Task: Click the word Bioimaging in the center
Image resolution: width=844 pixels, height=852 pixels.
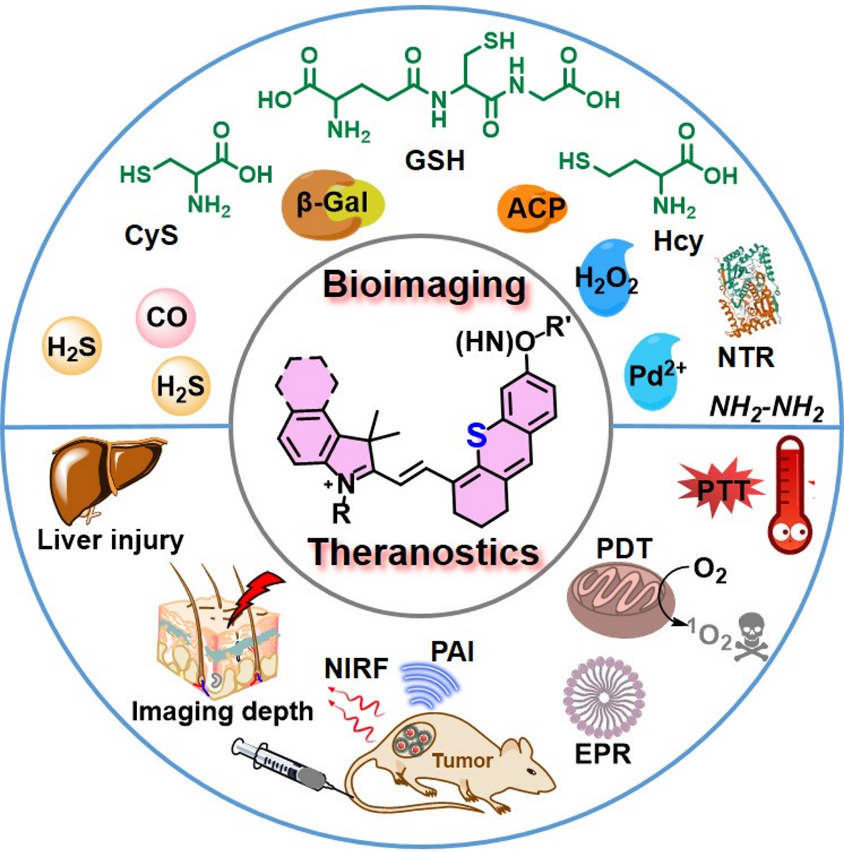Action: coord(425,286)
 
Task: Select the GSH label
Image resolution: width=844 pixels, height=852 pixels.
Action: coord(435,160)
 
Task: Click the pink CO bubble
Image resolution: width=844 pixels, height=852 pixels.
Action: coord(166,317)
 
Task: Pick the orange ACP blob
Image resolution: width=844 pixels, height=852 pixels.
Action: coord(532,208)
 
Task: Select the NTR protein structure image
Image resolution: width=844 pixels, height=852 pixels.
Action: coord(747,294)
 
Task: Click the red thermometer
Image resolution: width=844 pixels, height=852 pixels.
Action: coord(792,496)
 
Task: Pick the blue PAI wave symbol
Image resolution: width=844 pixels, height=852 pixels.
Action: coord(429,687)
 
